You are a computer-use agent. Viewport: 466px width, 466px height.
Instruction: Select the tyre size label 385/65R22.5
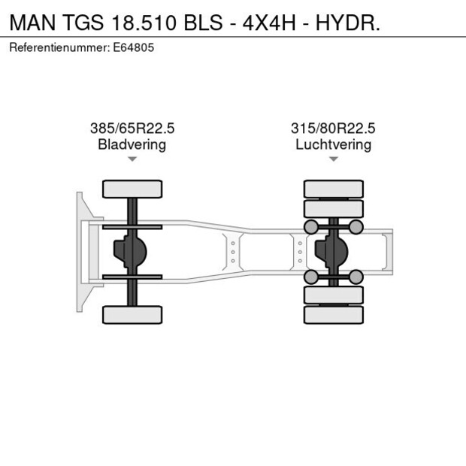132,129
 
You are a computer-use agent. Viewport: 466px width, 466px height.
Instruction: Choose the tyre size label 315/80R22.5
333,129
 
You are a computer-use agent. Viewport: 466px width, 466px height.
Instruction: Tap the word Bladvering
132,144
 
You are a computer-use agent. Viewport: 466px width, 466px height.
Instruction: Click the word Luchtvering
333,144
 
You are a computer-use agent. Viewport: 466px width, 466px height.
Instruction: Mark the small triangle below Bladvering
132,159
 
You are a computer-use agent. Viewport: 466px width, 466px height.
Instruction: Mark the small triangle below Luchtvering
333,159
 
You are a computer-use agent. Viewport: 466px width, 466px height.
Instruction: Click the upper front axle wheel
132,189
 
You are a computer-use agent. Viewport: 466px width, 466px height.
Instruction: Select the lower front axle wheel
132,314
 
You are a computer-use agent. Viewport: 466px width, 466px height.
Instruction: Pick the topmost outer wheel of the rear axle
333,188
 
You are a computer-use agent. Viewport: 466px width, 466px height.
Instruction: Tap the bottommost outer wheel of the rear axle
333,315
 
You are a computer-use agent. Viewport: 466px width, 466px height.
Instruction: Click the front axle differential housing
127,252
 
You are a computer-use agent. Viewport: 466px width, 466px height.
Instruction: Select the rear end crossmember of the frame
387,252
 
